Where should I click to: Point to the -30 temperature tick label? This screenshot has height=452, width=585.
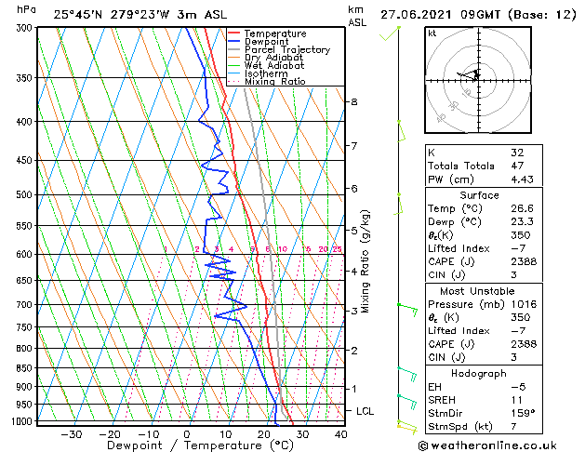point(71,433)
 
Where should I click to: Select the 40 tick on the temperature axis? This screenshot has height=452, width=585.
point(340,433)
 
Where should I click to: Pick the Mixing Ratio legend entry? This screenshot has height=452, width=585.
point(274,81)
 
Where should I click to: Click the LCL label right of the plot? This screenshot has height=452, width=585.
point(366,410)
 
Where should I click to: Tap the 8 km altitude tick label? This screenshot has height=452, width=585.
point(354,100)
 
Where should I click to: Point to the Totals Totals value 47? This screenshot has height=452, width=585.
point(517,166)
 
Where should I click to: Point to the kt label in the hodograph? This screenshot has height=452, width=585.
point(432,33)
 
